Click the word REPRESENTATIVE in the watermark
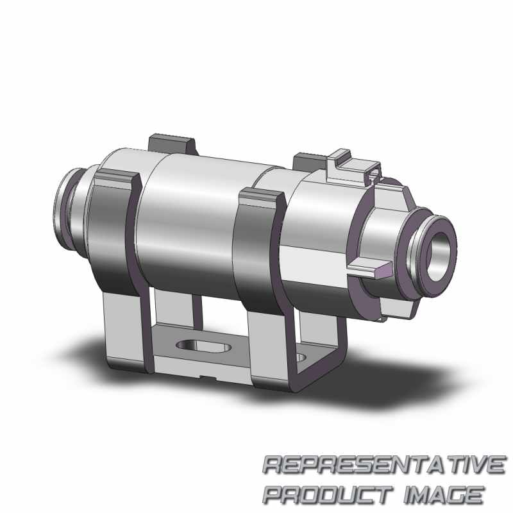point(383,465)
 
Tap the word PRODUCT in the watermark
point(328,495)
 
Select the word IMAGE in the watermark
point(444,495)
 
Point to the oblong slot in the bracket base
point(203,346)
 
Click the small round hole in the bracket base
point(301,357)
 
